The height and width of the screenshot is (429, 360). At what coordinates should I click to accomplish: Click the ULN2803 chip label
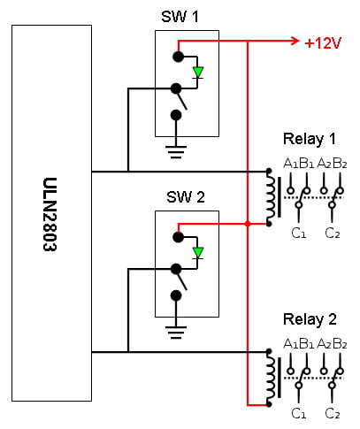pyautogui.click(x=50, y=214)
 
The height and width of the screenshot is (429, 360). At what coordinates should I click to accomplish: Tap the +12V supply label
pyautogui.click(x=323, y=43)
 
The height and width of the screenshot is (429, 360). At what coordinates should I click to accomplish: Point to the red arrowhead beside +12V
pyautogui.click(x=295, y=41)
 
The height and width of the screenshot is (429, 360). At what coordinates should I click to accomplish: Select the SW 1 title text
pyautogui.click(x=180, y=17)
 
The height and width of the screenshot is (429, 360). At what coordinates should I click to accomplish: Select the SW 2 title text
pyautogui.click(x=186, y=196)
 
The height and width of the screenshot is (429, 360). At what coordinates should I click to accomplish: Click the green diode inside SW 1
pyautogui.click(x=198, y=73)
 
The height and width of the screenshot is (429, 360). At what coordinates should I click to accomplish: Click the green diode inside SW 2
pyautogui.click(x=198, y=253)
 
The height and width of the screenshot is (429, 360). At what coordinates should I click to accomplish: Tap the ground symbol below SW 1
pyautogui.click(x=176, y=152)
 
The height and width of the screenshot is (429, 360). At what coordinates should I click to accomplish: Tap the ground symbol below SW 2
pyautogui.click(x=176, y=333)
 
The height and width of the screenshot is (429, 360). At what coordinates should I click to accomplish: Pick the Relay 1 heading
pyautogui.click(x=310, y=139)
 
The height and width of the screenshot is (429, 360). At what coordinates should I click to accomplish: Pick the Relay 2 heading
pyautogui.click(x=310, y=319)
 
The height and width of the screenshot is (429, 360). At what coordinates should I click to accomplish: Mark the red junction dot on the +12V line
pyautogui.click(x=248, y=224)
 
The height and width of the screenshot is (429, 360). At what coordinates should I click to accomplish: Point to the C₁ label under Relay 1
pyautogui.click(x=299, y=234)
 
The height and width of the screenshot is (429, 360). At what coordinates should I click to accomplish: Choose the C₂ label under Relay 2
pyautogui.click(x=333, y=414)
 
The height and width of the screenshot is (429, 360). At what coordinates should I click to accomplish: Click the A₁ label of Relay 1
pyautogui.click(x=291, y=163)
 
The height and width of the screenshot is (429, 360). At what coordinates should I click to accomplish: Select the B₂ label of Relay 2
pyautogui.click(x=340, y=343)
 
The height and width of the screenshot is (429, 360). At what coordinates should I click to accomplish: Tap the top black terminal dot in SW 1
pyautogui.click(x=178, y=57)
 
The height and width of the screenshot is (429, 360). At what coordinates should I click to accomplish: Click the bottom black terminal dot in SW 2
pyautogui.click(x=176, y=295)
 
